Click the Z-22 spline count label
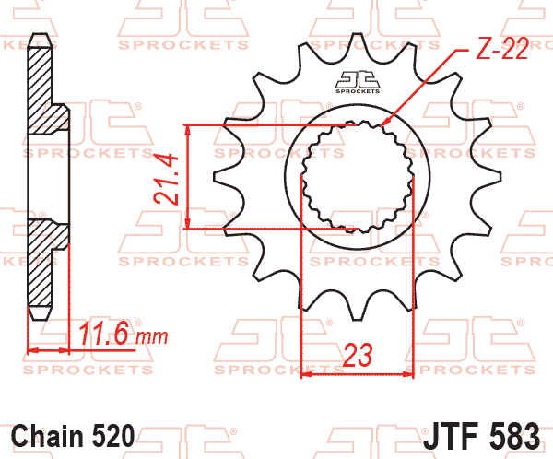point(502,48)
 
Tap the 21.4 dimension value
point(165,179)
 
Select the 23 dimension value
point(358,355)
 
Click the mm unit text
point(152,337)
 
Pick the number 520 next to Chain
point(113,436)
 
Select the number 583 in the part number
point(512,436)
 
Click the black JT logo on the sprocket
point(358,82)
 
